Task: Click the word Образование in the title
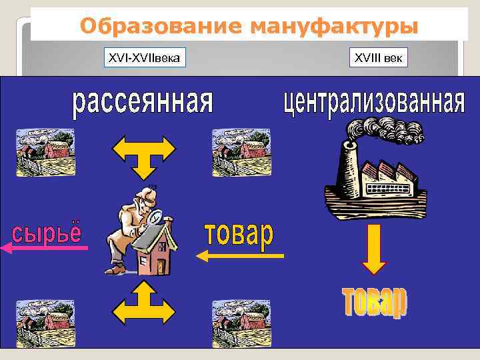pos(161,27)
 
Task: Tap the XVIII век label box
pos(378,59)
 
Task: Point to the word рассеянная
pos(142,103)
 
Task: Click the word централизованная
pos(373,103)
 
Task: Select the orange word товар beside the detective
pos(238,235)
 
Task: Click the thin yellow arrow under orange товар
pos(240,255)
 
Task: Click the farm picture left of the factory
pos(232,151)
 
